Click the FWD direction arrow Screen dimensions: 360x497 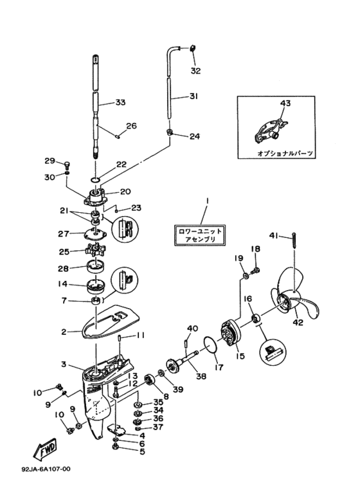(45, 450)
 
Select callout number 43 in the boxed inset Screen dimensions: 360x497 (285, 103)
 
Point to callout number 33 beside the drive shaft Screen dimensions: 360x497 (120, 102)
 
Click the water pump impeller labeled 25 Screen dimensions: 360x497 (95, 250)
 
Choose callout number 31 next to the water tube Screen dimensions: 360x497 (194, 95)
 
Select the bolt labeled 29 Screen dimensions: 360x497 (67, 164)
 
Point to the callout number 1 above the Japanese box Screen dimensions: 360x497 (206, 201)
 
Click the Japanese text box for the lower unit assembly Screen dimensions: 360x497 (200, 235)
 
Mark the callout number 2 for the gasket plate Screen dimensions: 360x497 (64, 332)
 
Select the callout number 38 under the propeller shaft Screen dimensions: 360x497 (201, 376)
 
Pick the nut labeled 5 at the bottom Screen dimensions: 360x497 (116, 447)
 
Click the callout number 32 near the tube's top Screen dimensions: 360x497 (195, 71)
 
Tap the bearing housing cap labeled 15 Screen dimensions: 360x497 (232, 331)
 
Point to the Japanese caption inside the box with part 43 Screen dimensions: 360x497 (285, 154)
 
